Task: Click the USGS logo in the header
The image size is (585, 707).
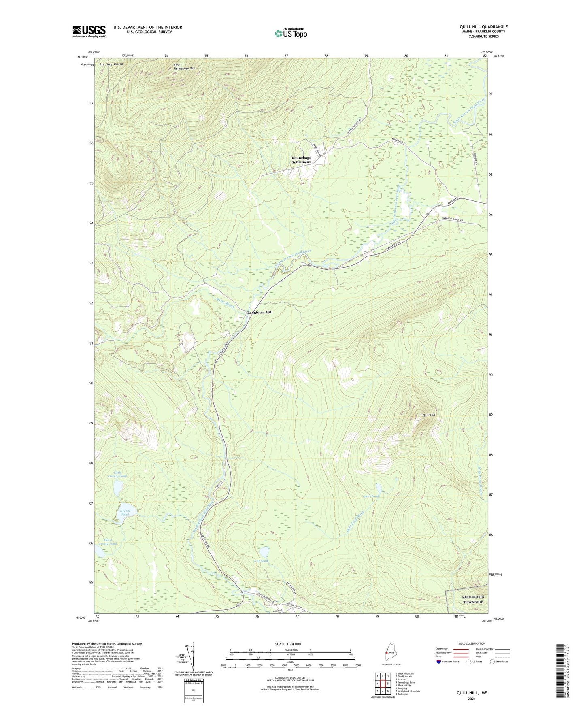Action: click(89, 31)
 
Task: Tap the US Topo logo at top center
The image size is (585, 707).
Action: click(291, 33)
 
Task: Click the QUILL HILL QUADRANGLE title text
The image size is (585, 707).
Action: click(481, 27)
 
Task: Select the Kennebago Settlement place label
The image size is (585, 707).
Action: click(301, 160)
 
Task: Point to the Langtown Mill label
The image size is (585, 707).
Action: click(260, 312)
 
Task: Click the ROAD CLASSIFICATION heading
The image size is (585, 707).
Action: click(472, 643)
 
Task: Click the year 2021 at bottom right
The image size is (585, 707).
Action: click(472, 698)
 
